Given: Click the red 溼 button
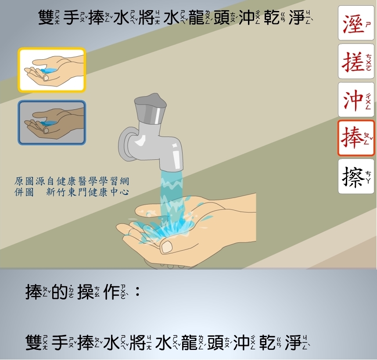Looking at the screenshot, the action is click(356, 23).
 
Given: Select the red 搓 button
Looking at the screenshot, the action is click(356, 61).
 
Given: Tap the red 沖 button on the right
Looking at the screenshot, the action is click(356, 100).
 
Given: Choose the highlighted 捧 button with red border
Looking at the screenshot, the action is click(356, 138).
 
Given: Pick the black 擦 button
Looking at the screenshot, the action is click(356, 176).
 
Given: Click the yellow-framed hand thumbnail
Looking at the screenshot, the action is click(52, 70).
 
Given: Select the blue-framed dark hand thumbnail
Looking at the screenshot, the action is click(52, 122).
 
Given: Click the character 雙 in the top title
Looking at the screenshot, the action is click(46, 18).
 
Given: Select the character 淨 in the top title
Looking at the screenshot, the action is click(297, 18).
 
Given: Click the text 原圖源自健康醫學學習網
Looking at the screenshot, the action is click(72, 181).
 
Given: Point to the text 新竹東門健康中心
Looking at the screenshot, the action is click(87, 192).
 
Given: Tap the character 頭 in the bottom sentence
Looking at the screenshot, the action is click(215, 343).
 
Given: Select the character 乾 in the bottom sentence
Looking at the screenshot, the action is click(267, 343).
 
